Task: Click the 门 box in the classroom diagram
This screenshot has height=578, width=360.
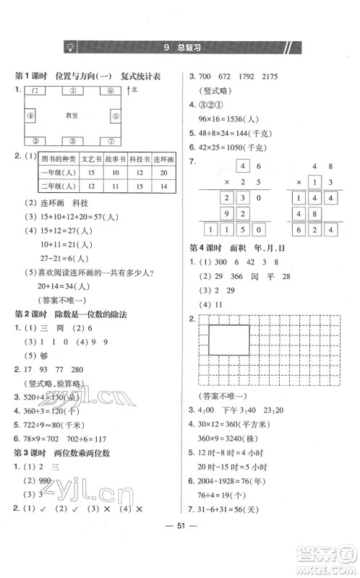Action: tap(33, 91)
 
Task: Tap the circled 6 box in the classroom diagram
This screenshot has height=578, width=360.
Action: tap(111, 91)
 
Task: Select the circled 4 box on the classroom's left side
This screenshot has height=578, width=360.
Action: tap(30, 116)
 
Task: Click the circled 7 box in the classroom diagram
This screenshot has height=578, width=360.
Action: tap(111, 141)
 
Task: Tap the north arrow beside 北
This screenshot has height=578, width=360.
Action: tap(129, 90)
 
